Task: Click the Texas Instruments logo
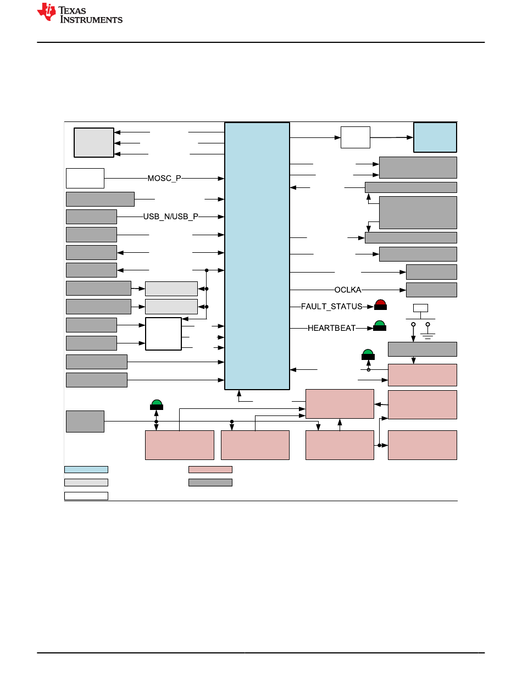(x=80, y=14)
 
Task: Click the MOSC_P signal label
(x=164, y=179)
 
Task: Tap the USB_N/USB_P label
(x=171, y=217)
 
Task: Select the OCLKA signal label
(x=348, y=290)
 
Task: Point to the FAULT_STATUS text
(x=332, y=306)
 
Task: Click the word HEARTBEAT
(x=331, y=328)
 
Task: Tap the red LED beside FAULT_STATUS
(x=380, y=305)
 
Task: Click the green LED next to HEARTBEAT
(x=380, y=326)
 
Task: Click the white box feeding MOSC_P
(x=85, y=178)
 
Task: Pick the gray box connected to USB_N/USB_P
(x=91, y=217)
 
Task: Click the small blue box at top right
(x=435, y=137)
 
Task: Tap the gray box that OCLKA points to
(x=431, y=290)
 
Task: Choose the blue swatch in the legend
(x=86, y=469)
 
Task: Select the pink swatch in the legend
(x=210, y=469)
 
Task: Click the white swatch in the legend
(x=86, y=496)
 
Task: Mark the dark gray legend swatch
(x=210, y=483)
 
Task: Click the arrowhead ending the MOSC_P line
(x=221, y=179)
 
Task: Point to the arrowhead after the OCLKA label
(x=403, y=290)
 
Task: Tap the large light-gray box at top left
(x=94, y=142)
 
